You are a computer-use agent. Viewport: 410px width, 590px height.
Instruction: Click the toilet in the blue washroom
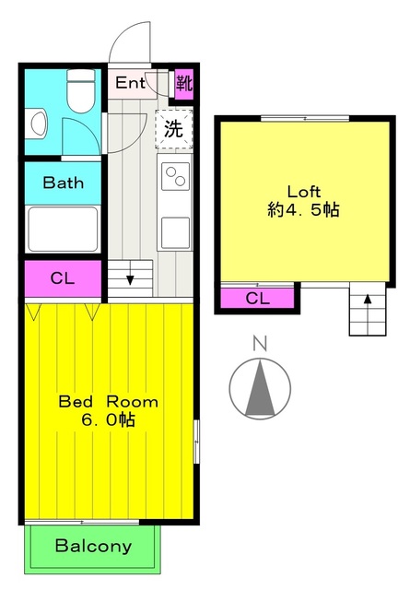[x=80, y=90]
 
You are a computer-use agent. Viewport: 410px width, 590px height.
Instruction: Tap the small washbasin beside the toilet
[x=39, y=124]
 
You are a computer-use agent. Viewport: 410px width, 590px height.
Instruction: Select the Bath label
[x=63, y=183]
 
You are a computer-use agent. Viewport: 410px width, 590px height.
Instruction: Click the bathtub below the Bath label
[x=63, y=229]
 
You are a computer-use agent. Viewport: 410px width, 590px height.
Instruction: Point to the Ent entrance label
[x=130, y=83]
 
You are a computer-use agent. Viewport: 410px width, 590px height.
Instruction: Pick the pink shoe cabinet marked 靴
[x=184, y=84]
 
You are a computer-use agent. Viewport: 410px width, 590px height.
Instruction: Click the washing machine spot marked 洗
[x=174, y=129]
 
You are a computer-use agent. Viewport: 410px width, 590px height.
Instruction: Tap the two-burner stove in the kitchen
[x=175, y=176]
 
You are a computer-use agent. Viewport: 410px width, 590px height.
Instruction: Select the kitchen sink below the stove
[x=175, y=233]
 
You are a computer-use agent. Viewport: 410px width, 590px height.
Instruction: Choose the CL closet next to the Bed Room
[x=64, y=278]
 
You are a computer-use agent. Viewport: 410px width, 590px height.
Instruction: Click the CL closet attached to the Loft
[x=257, y=299]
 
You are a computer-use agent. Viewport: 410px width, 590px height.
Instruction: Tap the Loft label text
[x=303, y=192]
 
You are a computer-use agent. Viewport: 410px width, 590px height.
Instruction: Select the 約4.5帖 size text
[x=303, y=210]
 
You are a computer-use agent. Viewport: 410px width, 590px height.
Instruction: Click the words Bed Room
[x=109, y=402]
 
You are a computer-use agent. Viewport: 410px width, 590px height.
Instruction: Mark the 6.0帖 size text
[x=109, y=419]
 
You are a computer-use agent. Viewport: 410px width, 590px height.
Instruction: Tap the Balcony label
[x=93, y=546]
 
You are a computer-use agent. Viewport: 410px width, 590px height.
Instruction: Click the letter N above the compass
[x=260, y=344]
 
